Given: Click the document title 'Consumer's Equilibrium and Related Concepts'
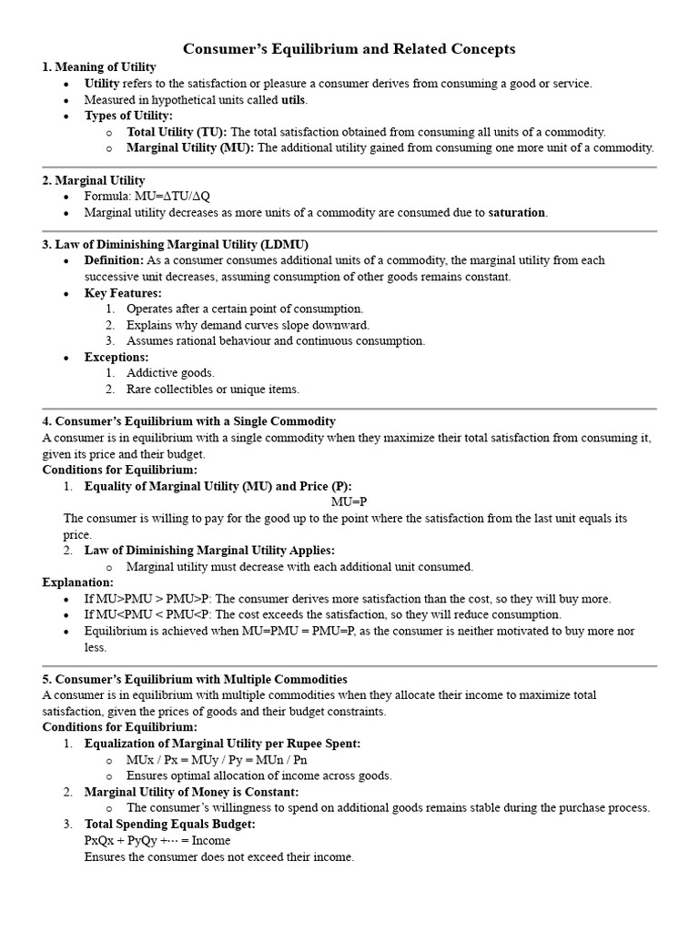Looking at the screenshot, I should click(349, 48).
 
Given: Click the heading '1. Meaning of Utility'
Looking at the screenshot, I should click(99, 67).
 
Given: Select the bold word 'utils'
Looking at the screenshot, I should click(293, 99).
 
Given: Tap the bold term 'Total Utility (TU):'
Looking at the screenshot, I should click(177, 132).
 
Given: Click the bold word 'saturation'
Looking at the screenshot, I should click(517, 212).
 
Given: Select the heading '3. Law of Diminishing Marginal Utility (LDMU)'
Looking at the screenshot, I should click(176, 245).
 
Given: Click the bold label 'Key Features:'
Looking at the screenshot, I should click(123, 293).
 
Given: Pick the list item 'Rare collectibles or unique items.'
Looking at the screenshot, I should click(213, 390).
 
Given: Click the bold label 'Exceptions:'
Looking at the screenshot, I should click(116, 357).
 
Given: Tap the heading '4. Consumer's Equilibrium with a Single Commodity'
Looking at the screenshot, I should click(189, 421).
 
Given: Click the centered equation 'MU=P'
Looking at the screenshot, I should click(349, 502).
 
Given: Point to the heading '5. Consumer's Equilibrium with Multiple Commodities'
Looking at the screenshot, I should click(195, 680).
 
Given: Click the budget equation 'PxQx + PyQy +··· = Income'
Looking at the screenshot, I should click(157, 840).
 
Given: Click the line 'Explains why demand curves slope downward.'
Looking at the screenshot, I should click(248, 325).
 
